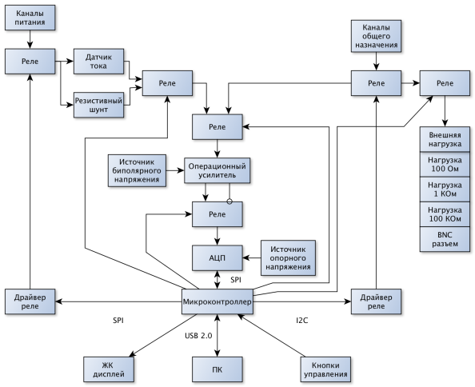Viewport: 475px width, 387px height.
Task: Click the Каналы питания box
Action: pyautogui.click(x=30, y=18)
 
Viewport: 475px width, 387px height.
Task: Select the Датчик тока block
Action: pyautogui.click(x=98, y=62)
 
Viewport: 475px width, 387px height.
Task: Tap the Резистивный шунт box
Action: pyautogui.click(x=98, y=105)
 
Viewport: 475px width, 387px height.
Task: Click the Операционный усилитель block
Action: pyautogui.click(x=218, y=170)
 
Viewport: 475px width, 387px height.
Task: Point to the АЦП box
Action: pyautogui.click(x=218, y=258)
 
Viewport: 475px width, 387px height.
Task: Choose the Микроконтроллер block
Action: pyautogui.click(x=218, y=301)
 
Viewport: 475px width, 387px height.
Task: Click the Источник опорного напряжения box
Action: pyautogui.click(x=288, y=258)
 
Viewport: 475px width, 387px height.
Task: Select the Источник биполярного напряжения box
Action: pyautogui.click(x=137, y=170)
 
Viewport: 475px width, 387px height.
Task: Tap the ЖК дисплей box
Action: pyautogui.click(x=109, y=369)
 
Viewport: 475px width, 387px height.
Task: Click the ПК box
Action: pyautogui.click(x=218, y=369)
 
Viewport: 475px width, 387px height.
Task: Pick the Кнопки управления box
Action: pyautogui.click(x=325, y=369)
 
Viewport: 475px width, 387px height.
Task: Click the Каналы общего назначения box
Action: pyautogui.click(x=377, y=36)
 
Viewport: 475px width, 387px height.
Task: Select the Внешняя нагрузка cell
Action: pyautogui.click(x=445, y=139)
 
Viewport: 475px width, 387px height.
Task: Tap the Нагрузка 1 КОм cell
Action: pyautogui.click(x=445, y=190)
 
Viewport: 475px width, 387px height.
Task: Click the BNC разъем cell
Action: pyautogui.click(x=445, y=239)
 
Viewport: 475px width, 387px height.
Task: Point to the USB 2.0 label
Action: pyautogui.click(x=198, y=336)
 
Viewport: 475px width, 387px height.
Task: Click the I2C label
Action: pyautogui.click(x=302, y=320)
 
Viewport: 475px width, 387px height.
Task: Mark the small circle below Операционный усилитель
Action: pyautogui.click(x=230, y=201)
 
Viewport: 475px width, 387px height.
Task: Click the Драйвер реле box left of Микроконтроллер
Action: pyautogui.click(x=30, y=301)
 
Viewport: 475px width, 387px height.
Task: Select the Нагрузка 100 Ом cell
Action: pyautogui.click(x=445, y=165)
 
